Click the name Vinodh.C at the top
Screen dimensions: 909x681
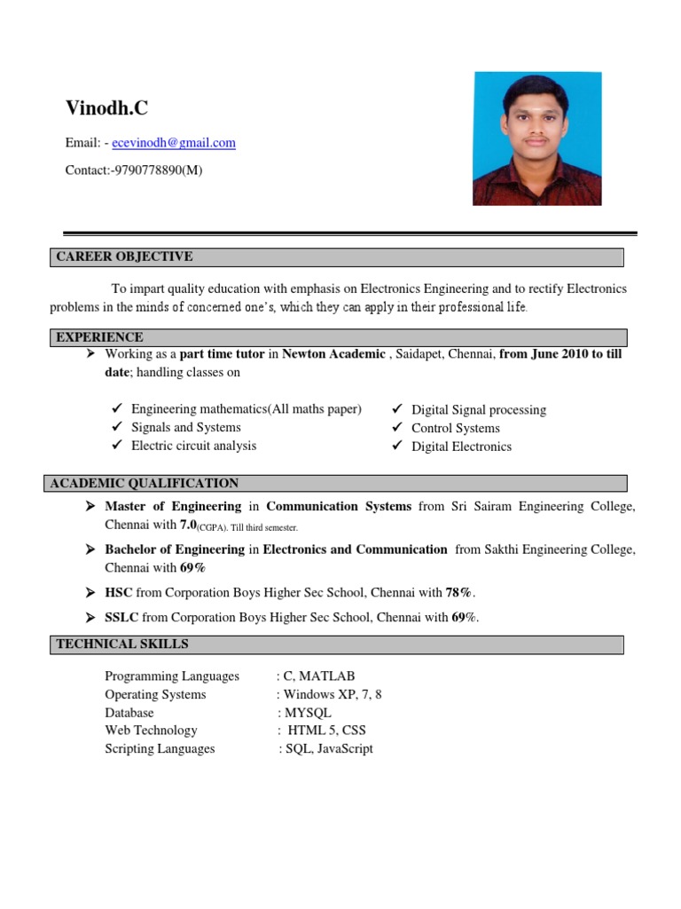(106, 108)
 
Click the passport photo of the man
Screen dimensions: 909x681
(537, 138)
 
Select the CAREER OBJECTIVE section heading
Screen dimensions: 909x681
(124, 257)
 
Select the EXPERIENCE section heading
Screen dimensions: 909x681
(99, 337)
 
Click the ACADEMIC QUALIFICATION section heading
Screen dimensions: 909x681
(145, 484)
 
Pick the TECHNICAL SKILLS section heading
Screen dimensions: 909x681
(122, 644)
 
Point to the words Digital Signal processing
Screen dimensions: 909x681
(478, 410)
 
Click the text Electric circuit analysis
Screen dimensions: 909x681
(193, 446)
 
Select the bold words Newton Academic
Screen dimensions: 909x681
(333, 354)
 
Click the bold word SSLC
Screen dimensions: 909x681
(121, 618)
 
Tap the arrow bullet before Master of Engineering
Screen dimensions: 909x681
(90, 507)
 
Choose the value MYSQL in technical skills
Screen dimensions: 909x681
(307, 713)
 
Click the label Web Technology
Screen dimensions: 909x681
(151, 731)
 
